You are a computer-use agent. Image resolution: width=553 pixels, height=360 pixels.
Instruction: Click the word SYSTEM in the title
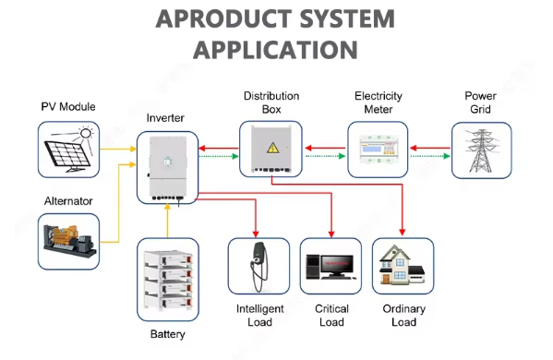point(347,18)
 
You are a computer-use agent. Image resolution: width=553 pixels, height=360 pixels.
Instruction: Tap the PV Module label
point(68,106)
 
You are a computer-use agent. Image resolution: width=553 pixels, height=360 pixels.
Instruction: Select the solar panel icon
point(67,154)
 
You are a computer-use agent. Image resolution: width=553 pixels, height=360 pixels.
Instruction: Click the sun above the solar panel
point(86,133)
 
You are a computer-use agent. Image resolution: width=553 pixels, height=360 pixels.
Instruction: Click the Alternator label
point(68,201)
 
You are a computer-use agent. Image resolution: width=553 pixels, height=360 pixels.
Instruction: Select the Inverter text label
point(165,118)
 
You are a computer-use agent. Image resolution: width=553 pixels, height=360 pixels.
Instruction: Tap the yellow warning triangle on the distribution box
point(272,148)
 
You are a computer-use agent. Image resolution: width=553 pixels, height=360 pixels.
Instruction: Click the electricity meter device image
point(378,150)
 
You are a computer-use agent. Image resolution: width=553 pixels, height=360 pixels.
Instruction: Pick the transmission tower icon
point(481,150)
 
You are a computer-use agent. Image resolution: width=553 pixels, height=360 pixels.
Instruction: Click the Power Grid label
point(480,102)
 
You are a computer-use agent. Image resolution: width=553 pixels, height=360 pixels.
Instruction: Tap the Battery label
point(167,334)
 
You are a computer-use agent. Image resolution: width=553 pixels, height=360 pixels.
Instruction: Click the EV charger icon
point(258,267)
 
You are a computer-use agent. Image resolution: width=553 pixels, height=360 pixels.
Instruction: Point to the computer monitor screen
point(336,264)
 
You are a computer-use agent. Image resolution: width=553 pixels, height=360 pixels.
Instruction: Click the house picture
point(402,265)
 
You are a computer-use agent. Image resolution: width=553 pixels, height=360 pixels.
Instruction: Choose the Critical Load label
point(331,315)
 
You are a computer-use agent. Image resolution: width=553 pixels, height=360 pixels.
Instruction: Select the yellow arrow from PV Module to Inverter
point(118,149)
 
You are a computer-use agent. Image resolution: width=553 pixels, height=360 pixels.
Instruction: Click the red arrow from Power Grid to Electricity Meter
point(430,148)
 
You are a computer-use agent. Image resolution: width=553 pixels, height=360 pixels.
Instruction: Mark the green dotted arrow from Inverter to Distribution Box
point(219,156)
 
